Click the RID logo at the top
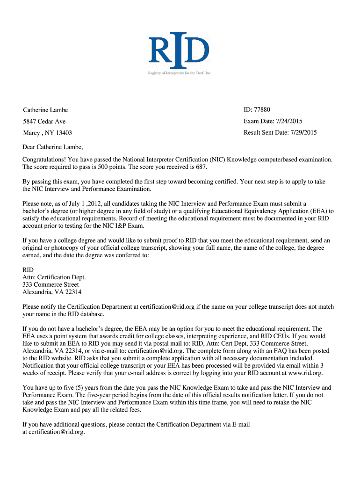coord(179,49)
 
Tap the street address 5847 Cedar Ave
coord(44,122)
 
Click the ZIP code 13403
coord(63,133)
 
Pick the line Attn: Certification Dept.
coord(54,277)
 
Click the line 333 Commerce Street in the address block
coord(50,285)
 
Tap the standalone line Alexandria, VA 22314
coord(52,292)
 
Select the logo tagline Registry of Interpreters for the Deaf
coord(180,73)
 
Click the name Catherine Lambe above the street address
coord(45,110)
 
